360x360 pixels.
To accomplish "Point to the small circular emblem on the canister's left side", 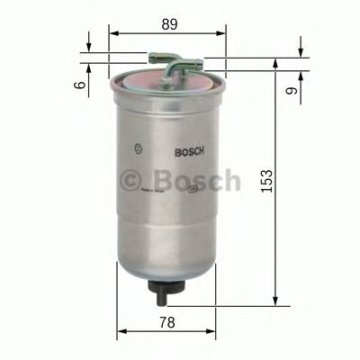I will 137,148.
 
